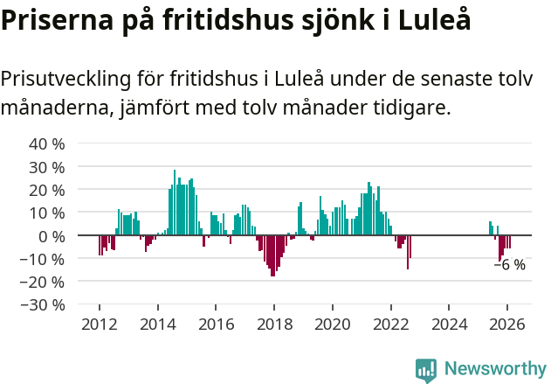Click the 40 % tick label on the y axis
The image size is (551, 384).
click(47, 143)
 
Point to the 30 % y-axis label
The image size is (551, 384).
click(47, 167)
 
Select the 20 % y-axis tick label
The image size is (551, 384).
click(47, 190)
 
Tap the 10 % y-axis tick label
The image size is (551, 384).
click(47, 213)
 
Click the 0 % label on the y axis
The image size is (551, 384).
click(52, 236)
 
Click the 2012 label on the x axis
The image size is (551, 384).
click(100, 324)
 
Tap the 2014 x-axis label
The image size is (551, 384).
click(157, 324)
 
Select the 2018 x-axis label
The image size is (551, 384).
click(273, 324)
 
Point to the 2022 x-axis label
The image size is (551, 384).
click(390, 324)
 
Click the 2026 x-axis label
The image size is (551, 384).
click(506, 324)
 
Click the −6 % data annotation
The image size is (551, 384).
click(510, 265)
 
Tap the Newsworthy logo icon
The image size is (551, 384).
click(426, 370)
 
